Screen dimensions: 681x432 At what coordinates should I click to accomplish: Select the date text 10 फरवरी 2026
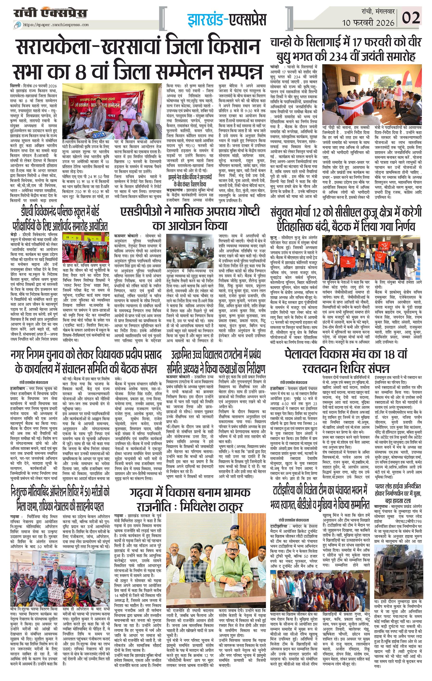point(368,23)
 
